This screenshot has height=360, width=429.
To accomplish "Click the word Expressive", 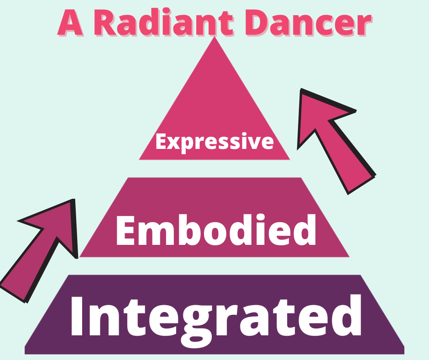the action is (x=214, y=142).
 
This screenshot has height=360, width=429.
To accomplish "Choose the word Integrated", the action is (x=215, y=315).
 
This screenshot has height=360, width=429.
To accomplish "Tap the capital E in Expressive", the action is (x=161, y=142).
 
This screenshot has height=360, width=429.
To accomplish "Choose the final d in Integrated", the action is (x=347, y=315).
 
